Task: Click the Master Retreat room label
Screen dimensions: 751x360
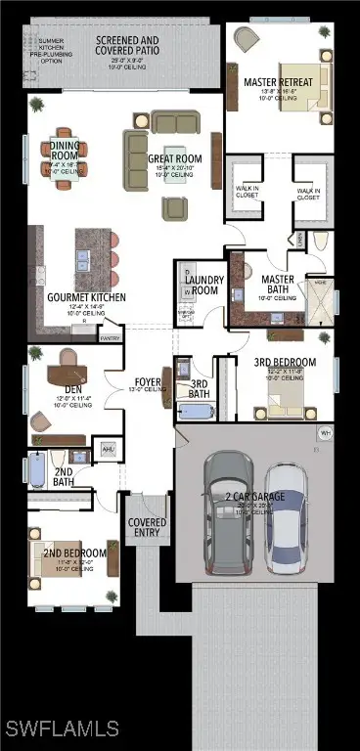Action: tap(286, 82)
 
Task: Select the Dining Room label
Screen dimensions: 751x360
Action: tap(60, 151)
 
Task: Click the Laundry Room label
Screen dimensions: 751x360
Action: tap(204, 286)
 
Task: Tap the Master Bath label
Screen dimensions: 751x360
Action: tap(278, 285)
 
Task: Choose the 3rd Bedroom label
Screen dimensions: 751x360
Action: tap(285, 363)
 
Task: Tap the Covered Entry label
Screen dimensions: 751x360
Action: tap(148, 528)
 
